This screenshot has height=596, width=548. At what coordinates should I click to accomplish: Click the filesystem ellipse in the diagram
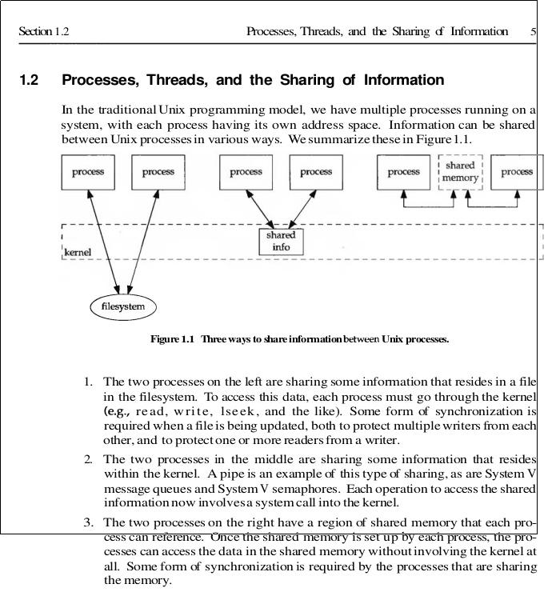[122, 306]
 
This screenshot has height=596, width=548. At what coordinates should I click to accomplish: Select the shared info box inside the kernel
[281, 241]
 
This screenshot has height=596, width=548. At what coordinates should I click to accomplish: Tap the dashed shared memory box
[460, 172]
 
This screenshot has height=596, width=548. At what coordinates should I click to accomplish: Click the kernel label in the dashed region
[77, 252]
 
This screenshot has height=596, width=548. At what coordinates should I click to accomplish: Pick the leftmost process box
[87, 172]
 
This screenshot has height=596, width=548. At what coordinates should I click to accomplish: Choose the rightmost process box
[516, 172]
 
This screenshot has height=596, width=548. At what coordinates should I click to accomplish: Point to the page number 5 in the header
[533, 32]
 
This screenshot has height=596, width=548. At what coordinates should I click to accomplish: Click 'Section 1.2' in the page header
[43, 32]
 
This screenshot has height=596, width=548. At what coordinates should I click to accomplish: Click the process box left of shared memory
[403, 172]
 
